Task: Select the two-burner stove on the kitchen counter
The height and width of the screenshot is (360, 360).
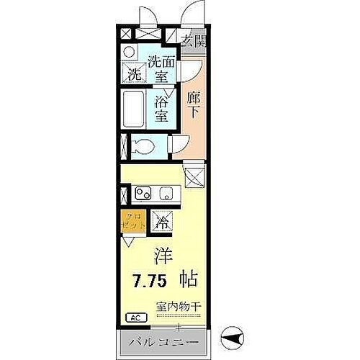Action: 143,193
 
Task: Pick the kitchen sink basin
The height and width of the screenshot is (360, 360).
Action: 167,193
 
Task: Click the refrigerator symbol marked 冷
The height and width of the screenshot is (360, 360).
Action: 162,223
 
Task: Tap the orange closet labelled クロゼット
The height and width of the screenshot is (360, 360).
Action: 134,221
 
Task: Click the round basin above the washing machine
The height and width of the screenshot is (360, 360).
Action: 128,53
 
